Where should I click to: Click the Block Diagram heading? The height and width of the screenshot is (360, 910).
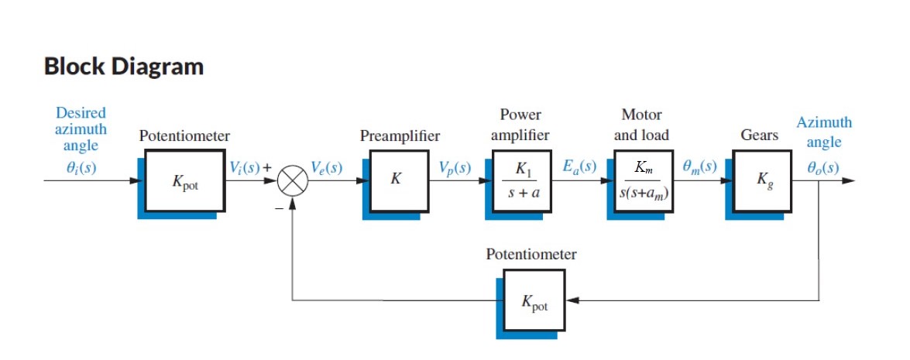(124, 67)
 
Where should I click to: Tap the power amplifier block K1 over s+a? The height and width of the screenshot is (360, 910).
(520, 182)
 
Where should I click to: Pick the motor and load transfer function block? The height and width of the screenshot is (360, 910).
(641, 182)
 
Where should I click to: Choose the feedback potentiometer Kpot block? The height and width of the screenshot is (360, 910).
(534, 300)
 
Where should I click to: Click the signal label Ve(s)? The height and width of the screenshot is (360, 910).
(326, 167)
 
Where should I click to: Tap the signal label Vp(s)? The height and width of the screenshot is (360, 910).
(455, 167)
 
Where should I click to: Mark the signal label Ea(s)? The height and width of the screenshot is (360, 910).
(579, 167)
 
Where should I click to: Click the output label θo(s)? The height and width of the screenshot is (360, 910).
(822, 167)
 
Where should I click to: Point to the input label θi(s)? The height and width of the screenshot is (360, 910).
(80, 167)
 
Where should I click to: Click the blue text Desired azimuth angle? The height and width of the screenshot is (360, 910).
(81, 129)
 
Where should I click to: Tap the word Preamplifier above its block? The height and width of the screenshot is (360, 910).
(400, 136)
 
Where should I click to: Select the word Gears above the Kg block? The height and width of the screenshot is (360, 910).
(759, 135)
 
